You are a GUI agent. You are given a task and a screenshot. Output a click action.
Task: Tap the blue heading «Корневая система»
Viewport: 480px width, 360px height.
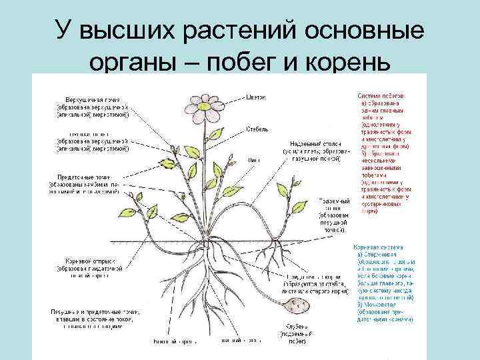point(377,246)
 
